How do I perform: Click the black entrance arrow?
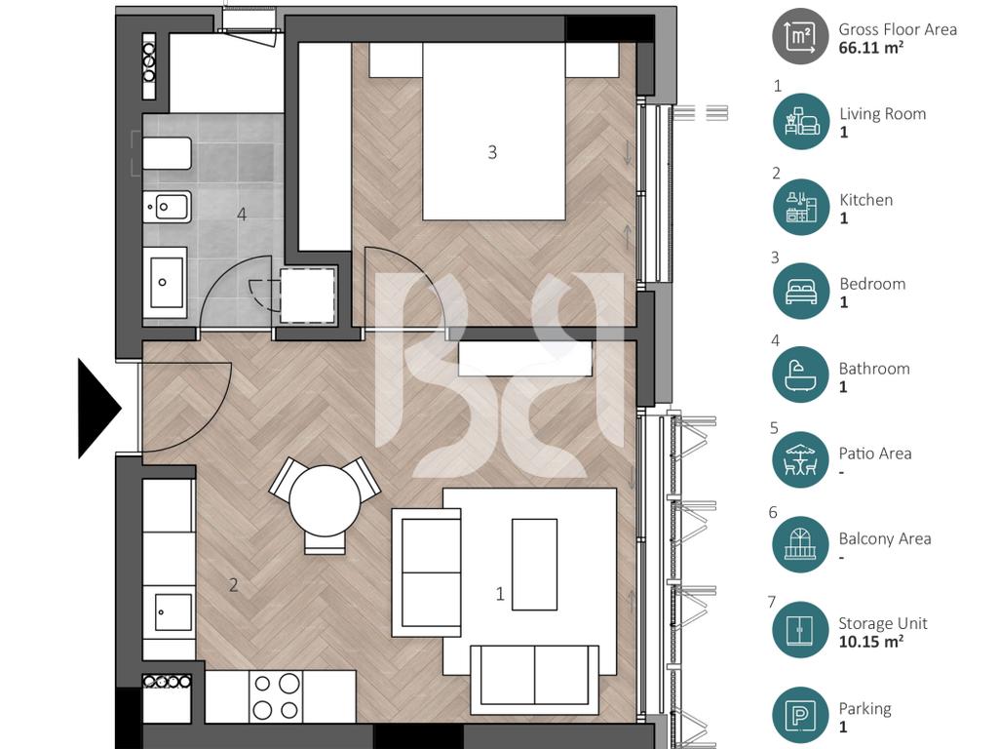(98, 409)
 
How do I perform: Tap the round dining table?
(326, 500)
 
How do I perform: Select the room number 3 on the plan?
(492, 152)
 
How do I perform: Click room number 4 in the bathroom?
(242, 214)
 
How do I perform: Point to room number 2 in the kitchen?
(234, 585)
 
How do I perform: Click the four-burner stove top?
(276, 696)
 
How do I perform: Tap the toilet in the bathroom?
(167, 153)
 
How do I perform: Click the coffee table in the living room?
(535, 565)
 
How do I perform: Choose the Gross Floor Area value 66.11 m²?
(870, 48)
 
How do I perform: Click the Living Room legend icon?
(801, 122)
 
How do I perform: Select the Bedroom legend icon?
(801, 292)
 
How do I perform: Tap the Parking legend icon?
(801, 716)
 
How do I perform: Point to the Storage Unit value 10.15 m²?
(870, 642)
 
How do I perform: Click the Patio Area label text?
(875, 453)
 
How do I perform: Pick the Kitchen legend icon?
(801, 207)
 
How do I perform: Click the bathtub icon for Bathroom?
(801, 375)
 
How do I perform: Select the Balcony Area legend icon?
(801, 544)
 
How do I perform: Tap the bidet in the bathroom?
(167, 207)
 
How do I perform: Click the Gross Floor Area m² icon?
(801, 36)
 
